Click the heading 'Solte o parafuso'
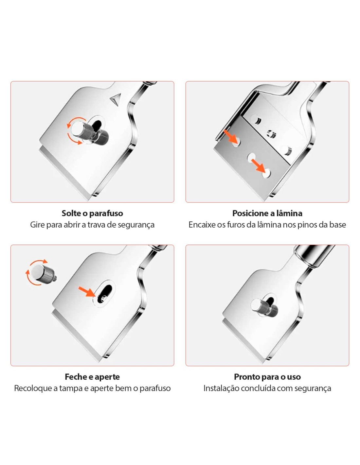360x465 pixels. coord(92,213)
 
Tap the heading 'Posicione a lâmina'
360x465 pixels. coord(267,213)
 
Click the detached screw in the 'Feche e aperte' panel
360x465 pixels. coord(43,273)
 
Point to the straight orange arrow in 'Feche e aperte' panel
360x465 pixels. coord(86,292)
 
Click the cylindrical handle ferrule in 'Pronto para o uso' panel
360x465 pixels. coord(313,256)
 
